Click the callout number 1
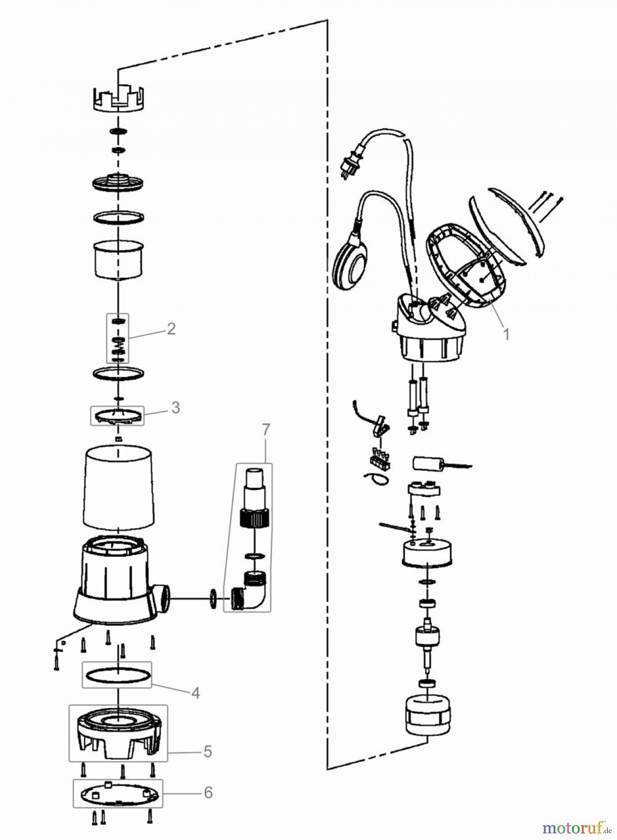pyautogui.click(x=506, y=334)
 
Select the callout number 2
pyautogui.click(x=171, y=329)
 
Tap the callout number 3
pyautogui.click(x=175, y=407)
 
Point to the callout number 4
pyautogui.click(x=196, y=693)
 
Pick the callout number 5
pyautogui.click(x=208, y=751)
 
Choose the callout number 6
pyautogui.click(x=208, y=792)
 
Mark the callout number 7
pyautogui.click(x=266, y=430)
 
